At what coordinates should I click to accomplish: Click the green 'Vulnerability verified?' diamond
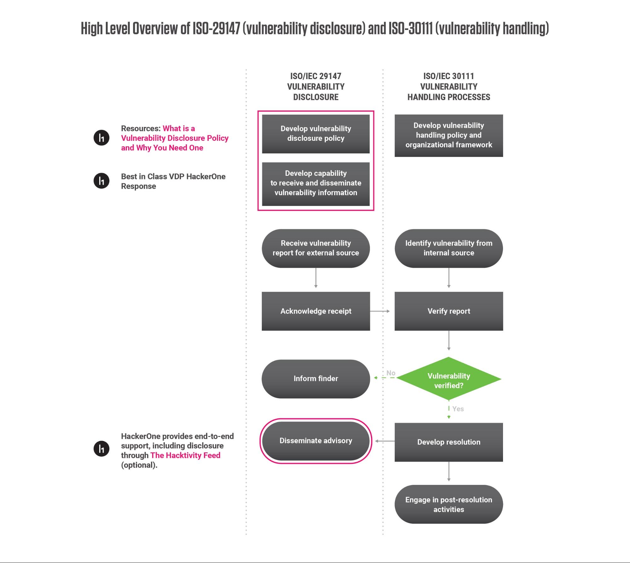pyautogui.click(x=448, y=379)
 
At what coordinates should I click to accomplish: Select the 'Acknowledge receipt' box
pyautogui.click(x=316, y=311)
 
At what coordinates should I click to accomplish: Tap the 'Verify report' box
pyautogui.click(x=448, y=311)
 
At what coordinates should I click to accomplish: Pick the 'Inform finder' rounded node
pyautogui.click(x=316, y=379)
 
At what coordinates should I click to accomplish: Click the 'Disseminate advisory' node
pyautogui.click(x=316, y=441)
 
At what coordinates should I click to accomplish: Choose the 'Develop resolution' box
pyautogui.click(x=448, y=442)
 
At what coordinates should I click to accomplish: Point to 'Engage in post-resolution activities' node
pyautogui.click(x=448, y=504)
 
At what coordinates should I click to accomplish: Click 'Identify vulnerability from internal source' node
pyautogui.click(x=448, y=248)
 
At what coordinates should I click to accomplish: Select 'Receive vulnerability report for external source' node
pyautogui.click(x=316, y=248)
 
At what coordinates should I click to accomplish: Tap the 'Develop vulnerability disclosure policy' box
pyautogui.click(x=316, y=134)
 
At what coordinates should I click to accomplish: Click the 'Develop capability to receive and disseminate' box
pyautogui.click(x=316, y=183)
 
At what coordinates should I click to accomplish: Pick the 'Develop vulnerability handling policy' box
pyautogui.click(x=448, y=135)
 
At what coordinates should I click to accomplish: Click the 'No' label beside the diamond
pyautogui.click(x=391, y=373)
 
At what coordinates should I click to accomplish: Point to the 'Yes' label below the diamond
pyautogui.click(x=458, y=409)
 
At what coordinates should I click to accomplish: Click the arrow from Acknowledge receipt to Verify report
pyautogui.click(x=380, y=311)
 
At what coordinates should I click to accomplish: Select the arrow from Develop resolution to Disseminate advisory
pyautogui.click(x=384, y=441)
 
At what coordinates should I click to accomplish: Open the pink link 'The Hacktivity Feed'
pyautogui.click(x=185, y=455)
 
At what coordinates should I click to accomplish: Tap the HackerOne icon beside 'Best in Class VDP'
pyautogui.click(x=101, y=181)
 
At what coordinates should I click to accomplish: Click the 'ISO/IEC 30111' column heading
pyautogui.click(x=448, y=76)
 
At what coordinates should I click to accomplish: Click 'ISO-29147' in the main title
pyautogui.click(x=217, y=29)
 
